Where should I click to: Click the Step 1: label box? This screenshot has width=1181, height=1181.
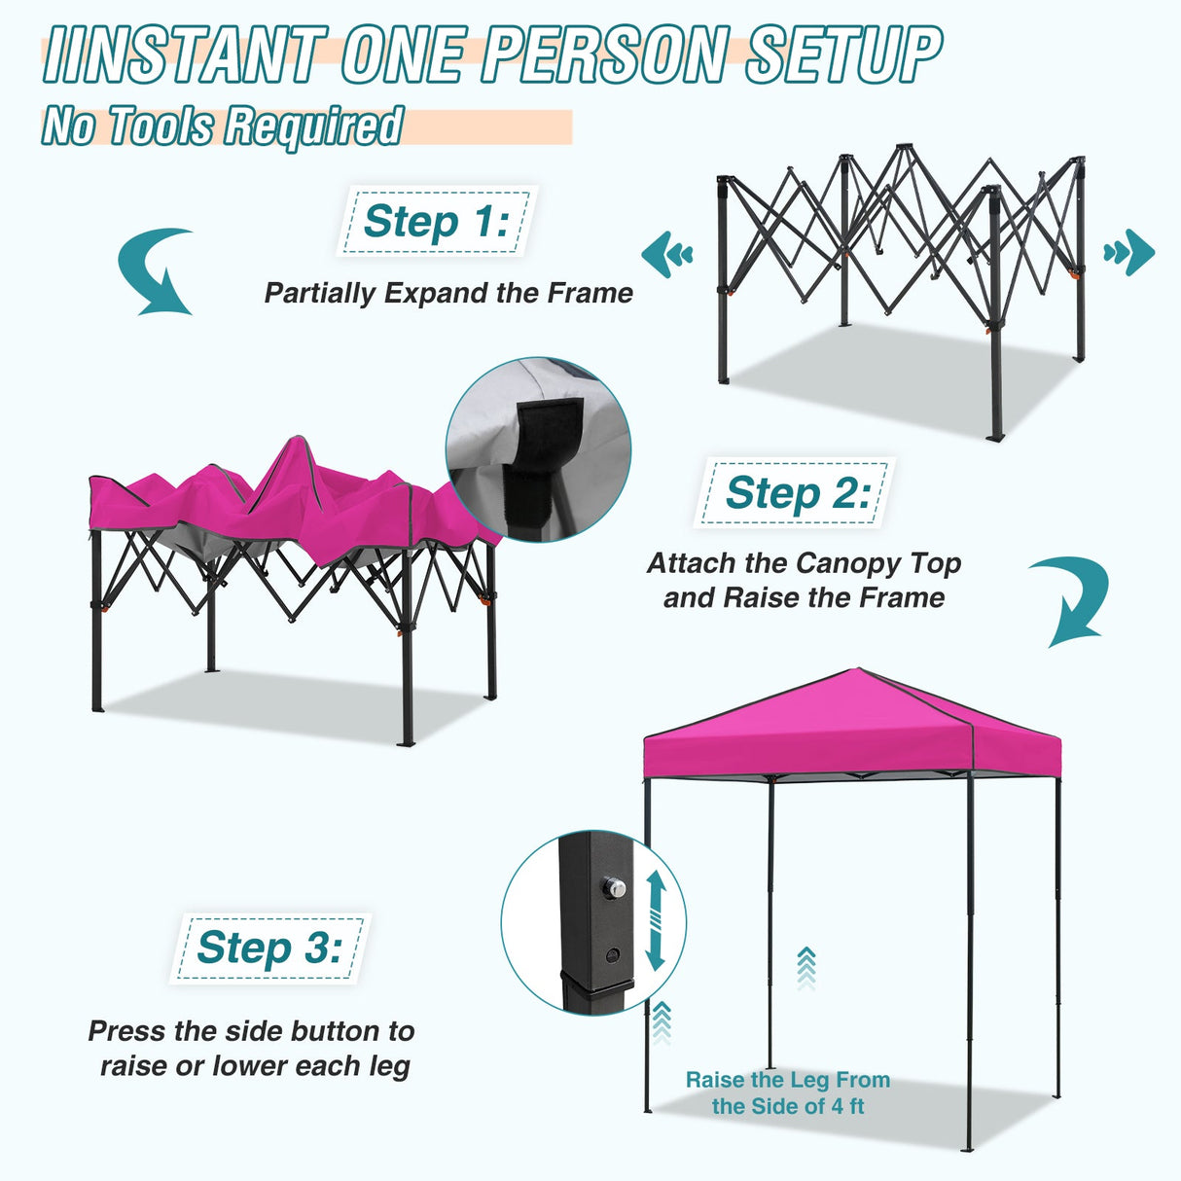(x=436, y=222)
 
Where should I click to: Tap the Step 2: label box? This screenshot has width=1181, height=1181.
(x=795, y=493)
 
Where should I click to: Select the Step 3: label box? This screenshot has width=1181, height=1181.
(x=269, y=948)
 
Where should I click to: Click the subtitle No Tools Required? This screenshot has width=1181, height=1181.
(x=222, y=126)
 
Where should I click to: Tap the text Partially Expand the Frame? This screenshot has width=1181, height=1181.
(x=448, y=293)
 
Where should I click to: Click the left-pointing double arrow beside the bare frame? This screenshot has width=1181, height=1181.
(x=667, y=255)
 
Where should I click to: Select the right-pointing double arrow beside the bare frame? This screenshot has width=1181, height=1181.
(x=1129, y=254)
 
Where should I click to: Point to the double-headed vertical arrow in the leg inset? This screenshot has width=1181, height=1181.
(x=655, y=919)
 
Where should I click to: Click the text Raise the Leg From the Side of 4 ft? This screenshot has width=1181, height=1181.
(x=787, y=1092)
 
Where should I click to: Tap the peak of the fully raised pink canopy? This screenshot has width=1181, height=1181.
(x=857, y=669)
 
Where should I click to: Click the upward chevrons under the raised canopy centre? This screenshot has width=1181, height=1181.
(x=805, y=968)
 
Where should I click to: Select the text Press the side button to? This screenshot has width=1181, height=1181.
(x=251, y=1031)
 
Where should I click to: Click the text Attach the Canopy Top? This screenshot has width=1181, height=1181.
(x=804, y=563)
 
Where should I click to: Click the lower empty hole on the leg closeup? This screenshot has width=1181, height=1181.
(x=613, y=955)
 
